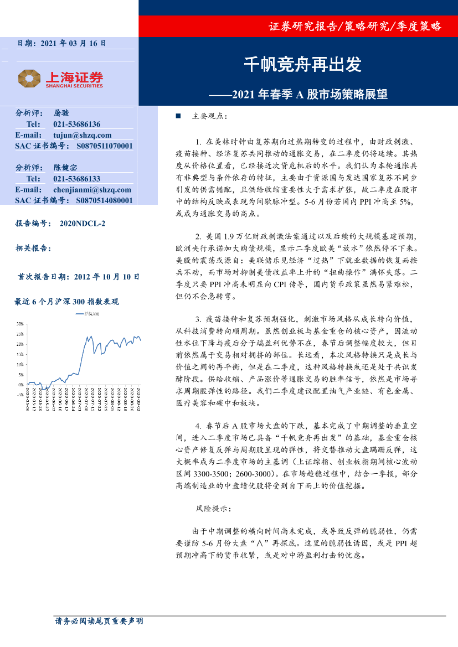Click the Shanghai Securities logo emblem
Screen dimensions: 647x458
coord(29,78)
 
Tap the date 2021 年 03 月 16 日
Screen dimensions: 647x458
coord(73,43)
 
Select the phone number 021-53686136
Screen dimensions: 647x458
coord(76,124)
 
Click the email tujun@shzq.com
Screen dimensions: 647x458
coord(82,135)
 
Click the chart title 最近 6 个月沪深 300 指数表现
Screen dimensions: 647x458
coord(66,302)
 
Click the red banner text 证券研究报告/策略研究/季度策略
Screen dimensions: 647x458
coord(354,26)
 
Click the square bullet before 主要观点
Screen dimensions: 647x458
coord(178,117)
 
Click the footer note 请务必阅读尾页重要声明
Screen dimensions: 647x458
coord(99,622)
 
